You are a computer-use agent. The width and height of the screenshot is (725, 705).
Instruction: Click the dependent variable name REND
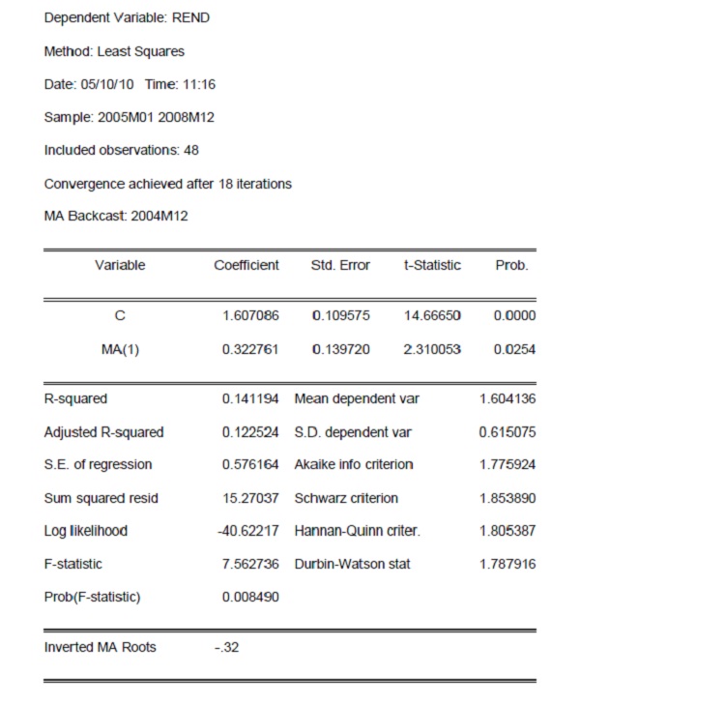pyautogui.click(x=190, y=17)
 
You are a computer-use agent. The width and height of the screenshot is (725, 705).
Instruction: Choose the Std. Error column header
pyautogui.click(x=340, y=265)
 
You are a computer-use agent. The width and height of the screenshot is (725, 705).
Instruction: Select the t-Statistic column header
pyautogui.click(x=432, y=265)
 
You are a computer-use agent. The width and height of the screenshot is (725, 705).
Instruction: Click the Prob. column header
pyautogui.click(x=511, y=265)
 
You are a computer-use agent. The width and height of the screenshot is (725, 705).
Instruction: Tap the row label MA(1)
pyautogui.click(x=120, y=349)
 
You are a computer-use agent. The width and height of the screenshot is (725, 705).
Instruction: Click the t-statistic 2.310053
pyautogui.click(x=432, y=349)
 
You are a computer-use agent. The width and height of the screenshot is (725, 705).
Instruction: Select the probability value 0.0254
pyautogui.click(x=515, y=349)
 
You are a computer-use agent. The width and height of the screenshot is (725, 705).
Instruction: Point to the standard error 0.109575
pyautogui.click(x=340, y=315)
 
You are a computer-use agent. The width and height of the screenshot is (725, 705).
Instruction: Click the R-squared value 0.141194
pyautogui.click(x=250, y=398)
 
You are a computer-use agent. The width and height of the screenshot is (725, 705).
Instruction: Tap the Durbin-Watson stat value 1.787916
pyautogui.click(x=507, y=564)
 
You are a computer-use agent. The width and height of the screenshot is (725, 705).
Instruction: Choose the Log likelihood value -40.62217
pyautogui.click(x=248, y=531)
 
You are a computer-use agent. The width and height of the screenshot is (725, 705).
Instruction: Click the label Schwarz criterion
pyautogui.click(x=345, y=498)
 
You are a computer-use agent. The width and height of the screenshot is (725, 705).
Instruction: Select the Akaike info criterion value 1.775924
pyautogui.click(x=507, y=464)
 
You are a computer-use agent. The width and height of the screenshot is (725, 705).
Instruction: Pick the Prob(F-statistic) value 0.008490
pyautogui.click(x=250, y=597)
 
